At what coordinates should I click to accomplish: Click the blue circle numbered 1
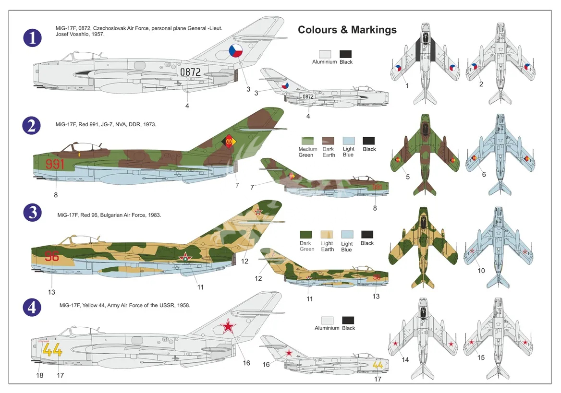tap(32, 37)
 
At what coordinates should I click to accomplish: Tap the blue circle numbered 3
tap(32, 213)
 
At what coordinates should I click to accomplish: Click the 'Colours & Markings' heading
tap(347, 30)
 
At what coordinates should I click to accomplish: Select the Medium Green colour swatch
tap(307, 141)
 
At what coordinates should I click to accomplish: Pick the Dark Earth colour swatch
tap(328, 141)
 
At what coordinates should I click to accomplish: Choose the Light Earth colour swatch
tap(327, 235)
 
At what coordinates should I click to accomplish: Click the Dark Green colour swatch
tap(306, 235)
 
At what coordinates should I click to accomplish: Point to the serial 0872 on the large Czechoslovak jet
tap(190, 72)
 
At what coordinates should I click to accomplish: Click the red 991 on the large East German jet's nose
tap(55, 164)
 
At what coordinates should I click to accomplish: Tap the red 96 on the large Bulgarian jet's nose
tap(52, 256)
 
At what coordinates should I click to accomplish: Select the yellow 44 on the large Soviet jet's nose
tap(52, 350)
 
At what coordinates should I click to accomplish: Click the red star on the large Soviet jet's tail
tap(228, 326)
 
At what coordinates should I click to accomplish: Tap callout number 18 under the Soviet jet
tap(40, 375)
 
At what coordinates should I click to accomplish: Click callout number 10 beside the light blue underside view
tap(481, 271)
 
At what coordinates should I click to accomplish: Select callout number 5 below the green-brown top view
tap(407, 177)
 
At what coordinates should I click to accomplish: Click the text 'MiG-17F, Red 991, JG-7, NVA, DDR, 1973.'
tap(106, 124)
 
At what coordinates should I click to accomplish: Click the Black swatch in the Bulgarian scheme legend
tap(367, 235)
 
